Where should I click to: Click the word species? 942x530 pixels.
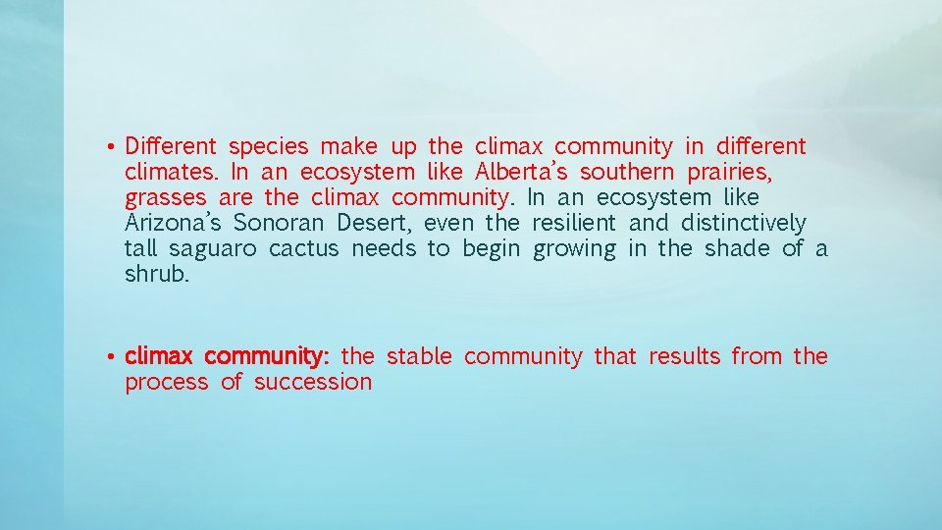pyautogui.click(x=268, y=148)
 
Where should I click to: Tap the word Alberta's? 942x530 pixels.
pyautogui.click(x=521, y=173)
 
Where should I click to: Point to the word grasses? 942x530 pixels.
pyautogui.click(x=163, y=199)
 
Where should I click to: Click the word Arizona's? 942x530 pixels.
pyautogui.click(x=173, y=224)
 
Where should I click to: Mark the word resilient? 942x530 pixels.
pyautogui.click(x=574, y=224)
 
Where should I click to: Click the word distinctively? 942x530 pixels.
pyautogui.click(x=743, y=224)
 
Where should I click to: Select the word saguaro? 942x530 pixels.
pyautogui.click(x=212, y=249)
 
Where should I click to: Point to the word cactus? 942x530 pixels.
pyautogui.click(x=303, y=249)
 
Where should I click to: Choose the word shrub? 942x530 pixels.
pyautogui.click(x=158, y=275)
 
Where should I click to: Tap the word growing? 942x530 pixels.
pyautogui.click(x=574, y=250)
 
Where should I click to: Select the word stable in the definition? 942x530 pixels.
pyautogui.click(x=419, y=356)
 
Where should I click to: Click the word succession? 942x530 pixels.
pyautogui.click(x=313, y=382)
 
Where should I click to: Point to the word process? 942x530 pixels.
pyautogui.click(x=167, y=383)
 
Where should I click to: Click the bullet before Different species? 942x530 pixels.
pyautogui.click(x=114, y=148)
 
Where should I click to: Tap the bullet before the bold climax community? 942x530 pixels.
pyautogui.click(x=114, y=356)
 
